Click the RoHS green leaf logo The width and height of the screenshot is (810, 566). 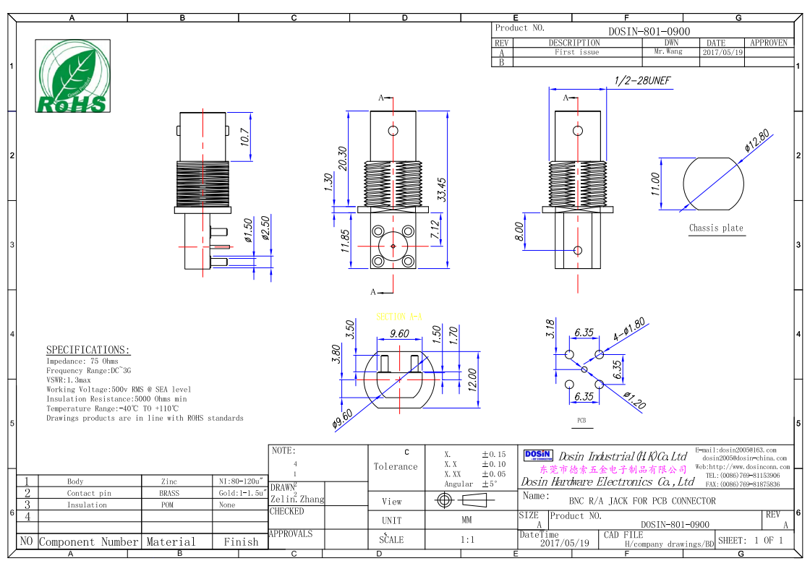tap(73, 76)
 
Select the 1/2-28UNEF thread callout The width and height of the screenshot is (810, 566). tap(642, 81)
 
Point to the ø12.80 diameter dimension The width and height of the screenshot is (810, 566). tap(757, 141)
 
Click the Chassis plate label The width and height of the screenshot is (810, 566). tap(715, 228)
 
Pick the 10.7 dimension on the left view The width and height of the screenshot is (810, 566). tap(244, 137)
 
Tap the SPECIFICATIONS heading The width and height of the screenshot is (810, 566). tap(88, 350)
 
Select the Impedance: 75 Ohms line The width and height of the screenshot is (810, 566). tap(82, 361)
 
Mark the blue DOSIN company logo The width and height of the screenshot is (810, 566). tap(537, 455)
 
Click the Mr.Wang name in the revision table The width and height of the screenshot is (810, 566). tap(668, 52)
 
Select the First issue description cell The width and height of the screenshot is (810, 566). tap(576, 52)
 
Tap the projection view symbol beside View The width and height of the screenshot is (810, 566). tap(466, 500)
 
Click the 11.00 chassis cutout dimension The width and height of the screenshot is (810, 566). tap(656, 184)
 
